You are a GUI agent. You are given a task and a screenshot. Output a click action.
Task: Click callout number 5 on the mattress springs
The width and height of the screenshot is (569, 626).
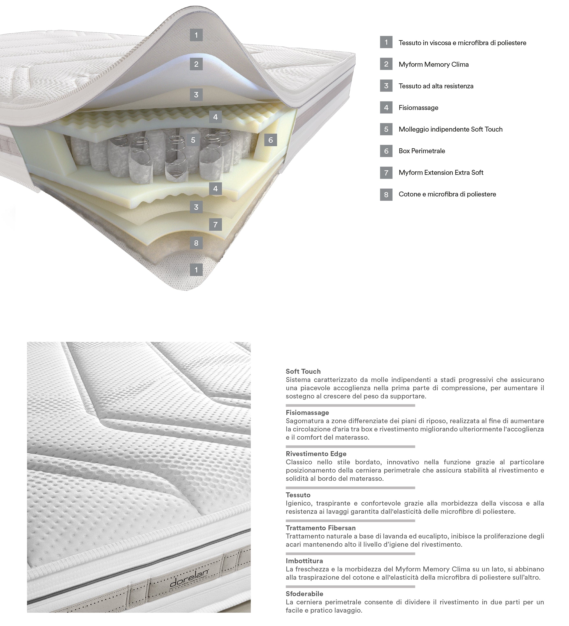pyautogui.click(x=193, y=140)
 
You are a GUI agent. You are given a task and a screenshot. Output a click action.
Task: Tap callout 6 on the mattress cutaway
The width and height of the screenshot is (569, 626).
pyautogui.click(x=271, y=140)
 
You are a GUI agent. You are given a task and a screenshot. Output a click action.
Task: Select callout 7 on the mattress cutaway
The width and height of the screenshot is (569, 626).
pyautogui.click(x=215, y=224)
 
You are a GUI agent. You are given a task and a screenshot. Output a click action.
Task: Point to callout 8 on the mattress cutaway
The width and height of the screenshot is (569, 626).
pyautogui.click(x=196, y=243)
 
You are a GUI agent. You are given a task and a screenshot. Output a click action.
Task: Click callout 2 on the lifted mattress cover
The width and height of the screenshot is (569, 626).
pyautogui.click(x=196, y=64)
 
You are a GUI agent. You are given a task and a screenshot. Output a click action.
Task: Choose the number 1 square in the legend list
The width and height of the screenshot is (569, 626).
pyautogui.click(x=386, y=42)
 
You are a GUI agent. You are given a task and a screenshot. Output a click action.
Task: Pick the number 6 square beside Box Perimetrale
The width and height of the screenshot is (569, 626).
pyautogui.click(x=386, y=151)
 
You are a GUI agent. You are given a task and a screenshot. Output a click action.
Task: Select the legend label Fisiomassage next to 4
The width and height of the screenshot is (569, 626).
pyautogui.click(x=418, y=108)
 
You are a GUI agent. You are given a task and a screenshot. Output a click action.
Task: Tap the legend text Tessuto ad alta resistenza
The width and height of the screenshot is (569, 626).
pyautogui.click(x=436, y=86)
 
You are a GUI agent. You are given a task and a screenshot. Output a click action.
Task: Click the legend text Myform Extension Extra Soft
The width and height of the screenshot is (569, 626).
pyautogui.click(x=441, y=173)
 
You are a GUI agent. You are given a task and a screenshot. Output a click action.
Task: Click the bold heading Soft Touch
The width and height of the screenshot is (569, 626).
pyautogui.click(x=303, y=371)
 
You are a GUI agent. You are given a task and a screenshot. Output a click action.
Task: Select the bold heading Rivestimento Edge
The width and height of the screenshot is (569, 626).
pyautogui.click(x=316, y=454)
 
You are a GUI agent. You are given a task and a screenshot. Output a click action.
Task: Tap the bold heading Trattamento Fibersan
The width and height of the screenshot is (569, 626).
pyautogui.click(x=320, y=528)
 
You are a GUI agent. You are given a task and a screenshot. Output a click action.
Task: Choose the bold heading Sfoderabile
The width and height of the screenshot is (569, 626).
pyautogui.click(x=304, y=594)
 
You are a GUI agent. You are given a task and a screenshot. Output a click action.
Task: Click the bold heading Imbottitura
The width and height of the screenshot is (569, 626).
pyautogui.click(x=304, y=561)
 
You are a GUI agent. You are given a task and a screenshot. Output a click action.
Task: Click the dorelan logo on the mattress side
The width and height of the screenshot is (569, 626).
pyautogui.click(x=189, y=578)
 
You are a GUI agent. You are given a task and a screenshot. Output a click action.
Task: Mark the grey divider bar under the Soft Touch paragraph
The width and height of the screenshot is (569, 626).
pyautogui.click(x=350, y=405)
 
